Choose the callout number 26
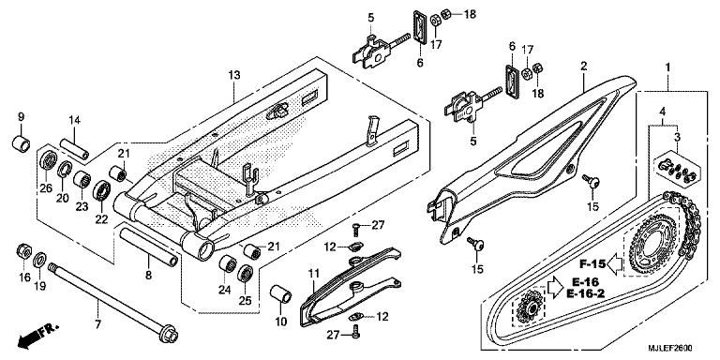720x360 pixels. [x=44, y=186]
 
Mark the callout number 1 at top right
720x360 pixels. [x=667, y=68]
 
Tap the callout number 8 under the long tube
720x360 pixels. [x=148, y=275]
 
